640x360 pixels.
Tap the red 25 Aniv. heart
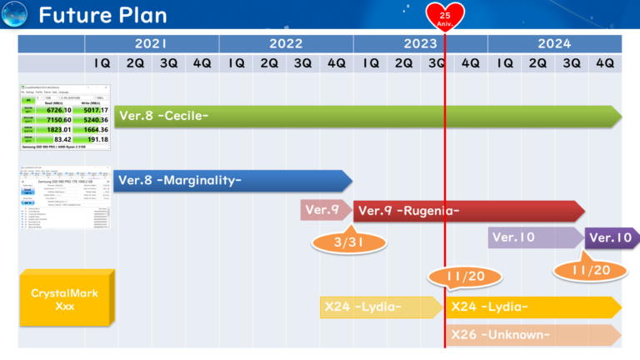coord(445,15)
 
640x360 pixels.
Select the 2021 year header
coord(152,44)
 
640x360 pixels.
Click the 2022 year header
coord(286,44)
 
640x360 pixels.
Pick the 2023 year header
coord(420,44)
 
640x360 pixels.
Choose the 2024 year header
coord(554,44)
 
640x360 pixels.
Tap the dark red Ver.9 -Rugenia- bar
coord(467,211)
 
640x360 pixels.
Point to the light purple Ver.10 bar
coord(533,237)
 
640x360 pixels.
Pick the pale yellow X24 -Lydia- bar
coord(381,307)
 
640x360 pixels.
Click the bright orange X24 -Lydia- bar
coord(533,307)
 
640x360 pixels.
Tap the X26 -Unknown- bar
coord(533,335)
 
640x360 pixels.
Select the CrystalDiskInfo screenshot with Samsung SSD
coord(65,197)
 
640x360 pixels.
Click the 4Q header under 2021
coord(202,63)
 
